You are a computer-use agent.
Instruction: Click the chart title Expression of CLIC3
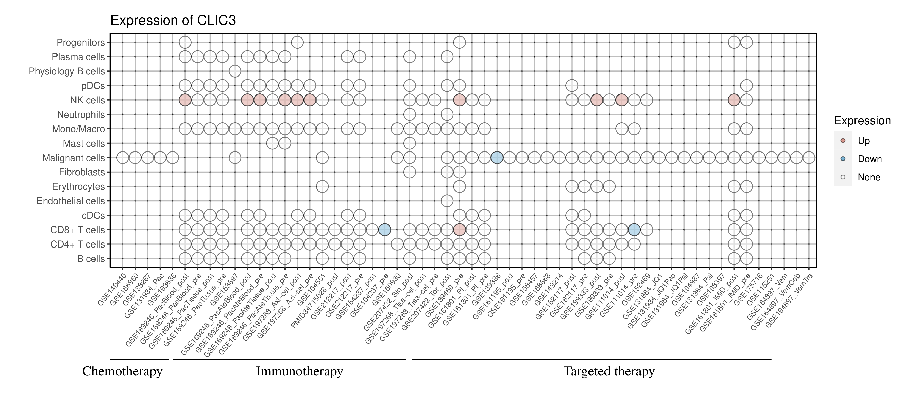click(173, 21)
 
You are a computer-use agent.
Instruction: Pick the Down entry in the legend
click(869, 159)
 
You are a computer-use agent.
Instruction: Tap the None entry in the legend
click(868, 177)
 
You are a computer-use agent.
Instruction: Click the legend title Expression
click(862, 121)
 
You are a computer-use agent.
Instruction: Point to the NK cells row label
click(87, 100)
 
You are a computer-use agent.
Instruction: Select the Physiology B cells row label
click(67, 71)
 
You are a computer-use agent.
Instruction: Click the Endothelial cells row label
click(71, 201)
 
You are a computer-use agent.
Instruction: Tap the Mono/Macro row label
click(78, 129)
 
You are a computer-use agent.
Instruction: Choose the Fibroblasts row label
click(82, 172)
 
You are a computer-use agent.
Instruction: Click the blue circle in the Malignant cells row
click(497, 158)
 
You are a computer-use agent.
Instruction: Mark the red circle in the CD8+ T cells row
click(459, 230)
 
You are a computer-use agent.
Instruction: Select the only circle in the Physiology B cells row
click(235, 71)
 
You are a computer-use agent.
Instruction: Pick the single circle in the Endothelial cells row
click(447, 201)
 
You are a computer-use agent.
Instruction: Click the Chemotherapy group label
click(122, 371)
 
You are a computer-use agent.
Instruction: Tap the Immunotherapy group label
click(299, 371)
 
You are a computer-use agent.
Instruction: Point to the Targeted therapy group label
click(609, 371)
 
